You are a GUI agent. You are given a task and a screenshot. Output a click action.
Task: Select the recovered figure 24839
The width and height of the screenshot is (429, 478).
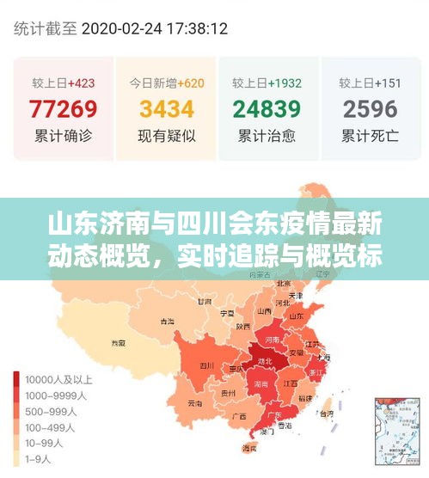[x=267, y=109]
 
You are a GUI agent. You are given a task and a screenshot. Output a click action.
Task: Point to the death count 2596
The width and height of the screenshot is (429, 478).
[x=370, y=109]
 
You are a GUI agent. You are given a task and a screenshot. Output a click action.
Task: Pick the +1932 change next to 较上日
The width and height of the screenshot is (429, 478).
[x=284, y=83]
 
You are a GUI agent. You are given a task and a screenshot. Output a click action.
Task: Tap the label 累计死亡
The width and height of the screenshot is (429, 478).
[x=370, y=136]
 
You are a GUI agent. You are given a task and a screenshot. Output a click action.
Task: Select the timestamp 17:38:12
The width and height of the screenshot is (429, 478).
[x=198, y=28]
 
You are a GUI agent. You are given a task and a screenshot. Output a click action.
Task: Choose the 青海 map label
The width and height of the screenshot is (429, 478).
[x=166, y=321]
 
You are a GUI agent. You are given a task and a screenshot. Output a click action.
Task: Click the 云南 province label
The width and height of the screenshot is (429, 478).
[x=194, y=403]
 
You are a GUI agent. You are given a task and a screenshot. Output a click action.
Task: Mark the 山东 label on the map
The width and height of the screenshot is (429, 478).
[x=297, y=316]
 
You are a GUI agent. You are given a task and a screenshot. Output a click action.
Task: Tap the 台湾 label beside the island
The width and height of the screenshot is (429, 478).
[x=325, y=414]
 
